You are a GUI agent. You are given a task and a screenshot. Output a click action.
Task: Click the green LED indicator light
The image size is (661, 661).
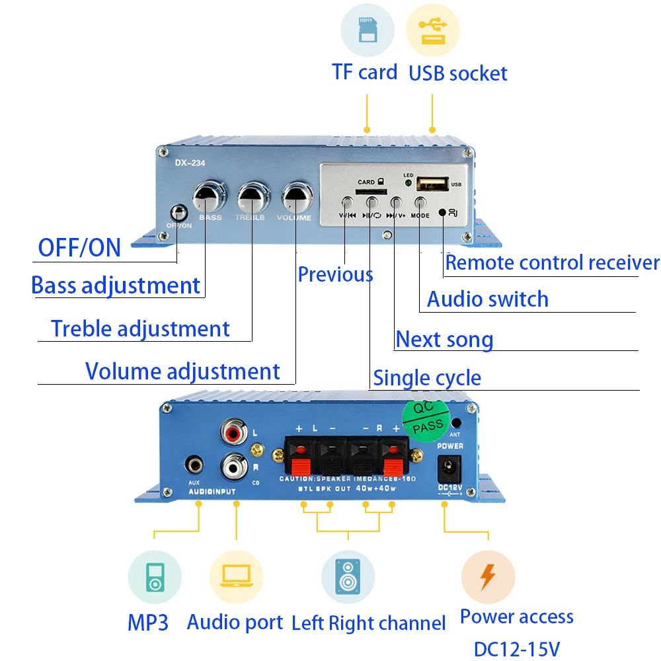click(408, 184)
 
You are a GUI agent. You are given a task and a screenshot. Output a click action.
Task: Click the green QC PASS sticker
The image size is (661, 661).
click(427, 419)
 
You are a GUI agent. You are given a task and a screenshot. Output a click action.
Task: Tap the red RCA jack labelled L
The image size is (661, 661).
click(233, 434)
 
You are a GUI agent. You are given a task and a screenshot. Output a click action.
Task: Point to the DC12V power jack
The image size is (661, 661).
click(450, 471)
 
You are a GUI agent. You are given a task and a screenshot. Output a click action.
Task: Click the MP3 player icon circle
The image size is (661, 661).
click(155, 576)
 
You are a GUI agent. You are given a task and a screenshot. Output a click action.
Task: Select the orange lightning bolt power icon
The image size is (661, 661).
click(488, 576)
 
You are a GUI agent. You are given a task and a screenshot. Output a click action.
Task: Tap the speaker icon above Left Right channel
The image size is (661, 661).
click(348, 576)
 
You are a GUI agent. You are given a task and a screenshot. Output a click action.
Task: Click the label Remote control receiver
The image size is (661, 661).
click(552, 262)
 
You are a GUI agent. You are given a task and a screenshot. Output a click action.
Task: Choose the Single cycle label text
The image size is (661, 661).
click(427, 378)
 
